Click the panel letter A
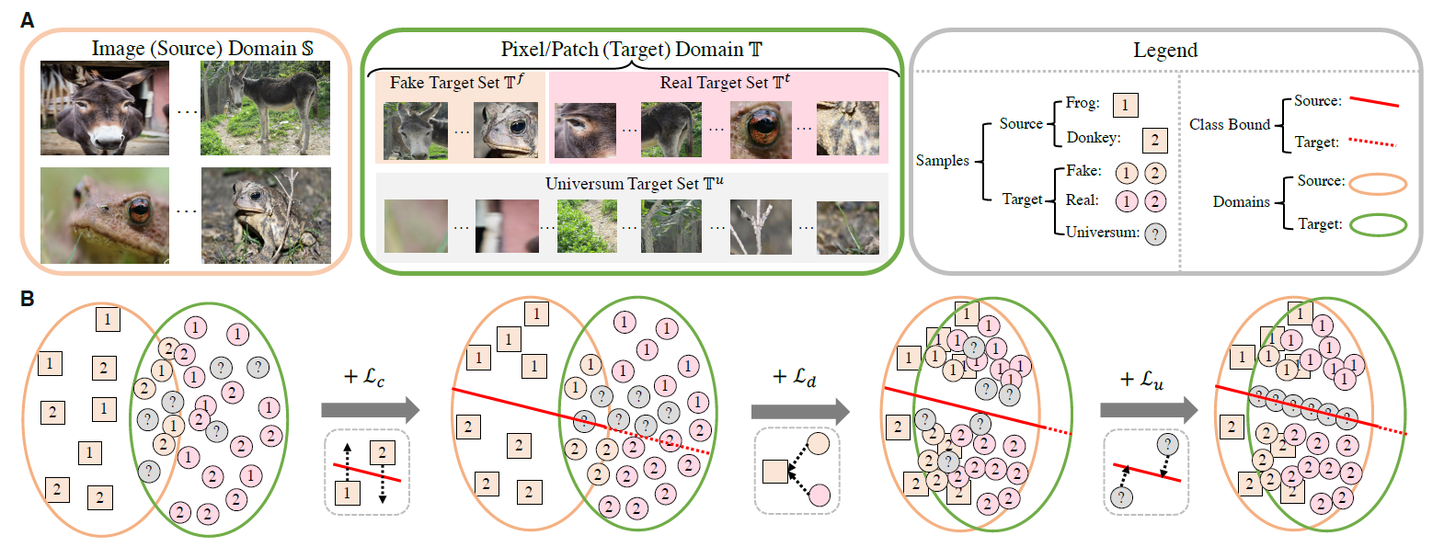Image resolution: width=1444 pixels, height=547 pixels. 27,20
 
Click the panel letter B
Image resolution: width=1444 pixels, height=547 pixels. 27,299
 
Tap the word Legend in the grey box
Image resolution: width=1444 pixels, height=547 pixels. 1165,51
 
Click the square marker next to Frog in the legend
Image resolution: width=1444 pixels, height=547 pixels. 1125,105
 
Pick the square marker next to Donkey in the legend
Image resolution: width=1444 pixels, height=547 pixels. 1154,141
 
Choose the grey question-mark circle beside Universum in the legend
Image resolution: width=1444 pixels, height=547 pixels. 1155,234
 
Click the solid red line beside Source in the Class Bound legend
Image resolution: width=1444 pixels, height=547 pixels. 1374,102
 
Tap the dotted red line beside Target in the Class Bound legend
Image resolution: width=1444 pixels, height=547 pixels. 1372,142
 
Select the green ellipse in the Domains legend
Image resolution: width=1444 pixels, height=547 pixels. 1379,225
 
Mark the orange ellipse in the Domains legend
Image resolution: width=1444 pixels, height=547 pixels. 1379,184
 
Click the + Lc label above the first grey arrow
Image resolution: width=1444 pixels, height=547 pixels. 364,377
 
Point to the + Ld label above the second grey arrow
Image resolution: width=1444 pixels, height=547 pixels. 795,377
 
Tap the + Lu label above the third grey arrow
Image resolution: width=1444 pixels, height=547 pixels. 1141,379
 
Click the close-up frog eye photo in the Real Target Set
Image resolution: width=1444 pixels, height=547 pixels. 761,130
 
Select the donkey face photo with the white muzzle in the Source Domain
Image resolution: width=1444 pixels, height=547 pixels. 105,108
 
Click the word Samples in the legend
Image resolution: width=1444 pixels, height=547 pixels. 943,161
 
